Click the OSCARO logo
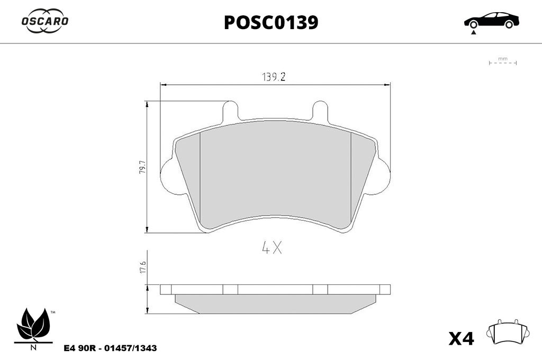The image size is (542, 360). (x=45, y=21)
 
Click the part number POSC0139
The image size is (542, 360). (x=271, y=23)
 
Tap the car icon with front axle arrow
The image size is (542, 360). (x=491, y=22)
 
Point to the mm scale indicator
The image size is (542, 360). (x=503, y=61)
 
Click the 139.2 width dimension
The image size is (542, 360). (x=274, y=77)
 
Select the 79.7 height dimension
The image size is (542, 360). (x=142, y=167)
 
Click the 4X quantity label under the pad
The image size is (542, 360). (x=272, y=248)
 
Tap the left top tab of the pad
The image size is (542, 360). (x=230, y=111)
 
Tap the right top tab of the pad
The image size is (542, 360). (x=320, y=111)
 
